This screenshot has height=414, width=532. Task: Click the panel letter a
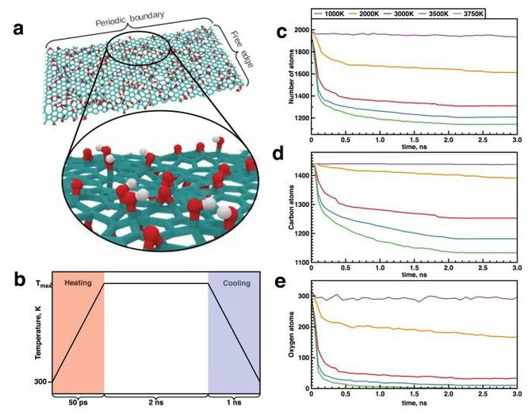(17, 30)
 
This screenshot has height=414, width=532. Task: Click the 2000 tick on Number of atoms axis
(302, 30)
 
